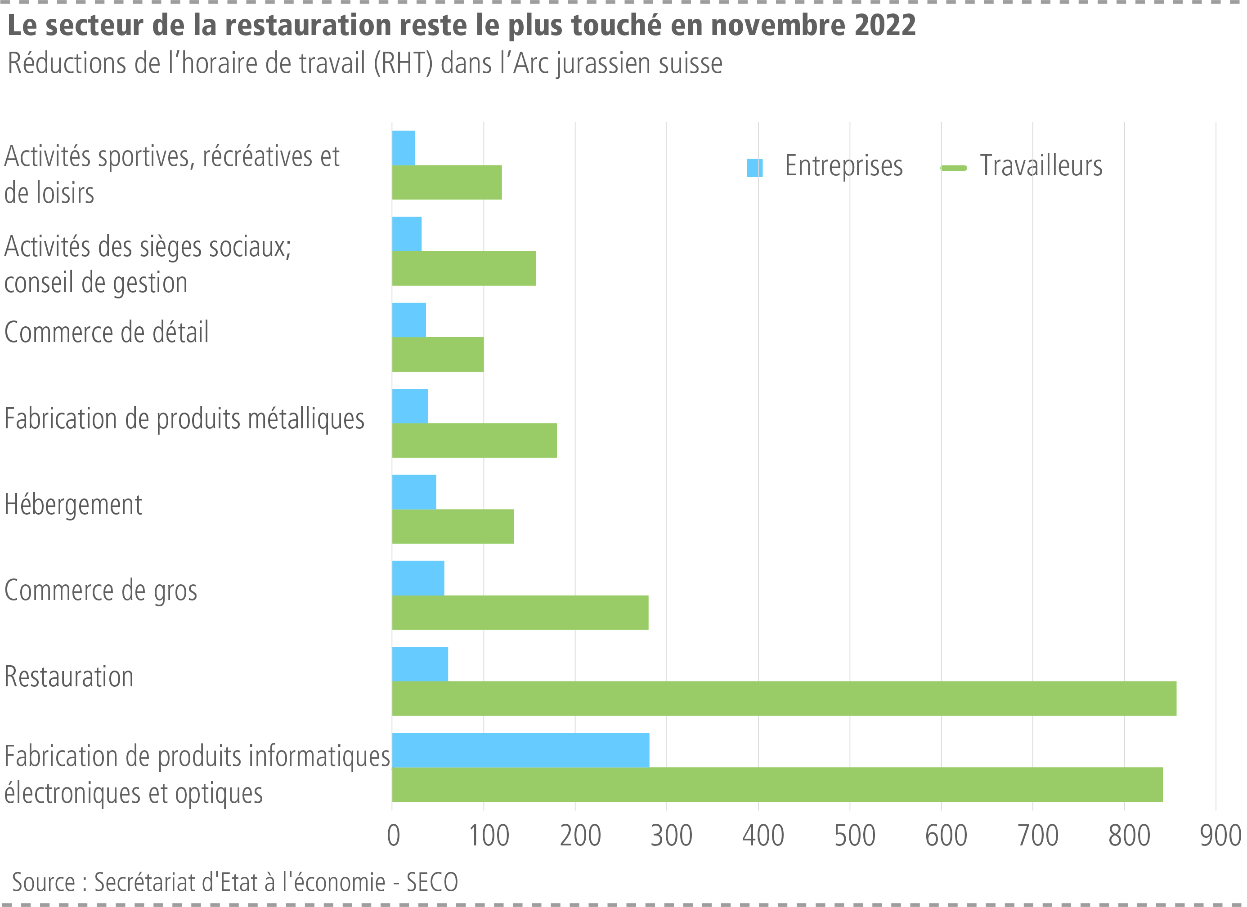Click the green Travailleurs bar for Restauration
[784, 698]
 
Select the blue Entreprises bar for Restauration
[420, 664]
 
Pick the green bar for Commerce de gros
[520, 612]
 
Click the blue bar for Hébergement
[414, 492]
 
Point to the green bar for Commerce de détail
[438, 354]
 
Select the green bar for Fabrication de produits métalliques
[474, 440]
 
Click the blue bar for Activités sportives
[404, 148]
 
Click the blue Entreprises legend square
[754, 168]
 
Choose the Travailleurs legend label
[1041, 166]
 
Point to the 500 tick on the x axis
[854, 836]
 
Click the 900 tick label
[1220, 836]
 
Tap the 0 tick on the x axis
[393, 836]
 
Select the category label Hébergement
[73, 505]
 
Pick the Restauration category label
[69, 676]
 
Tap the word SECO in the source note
[431, 882]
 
